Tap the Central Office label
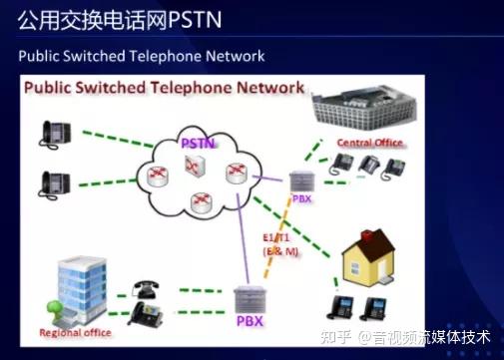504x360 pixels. pyautogui.click(x=369, y=143)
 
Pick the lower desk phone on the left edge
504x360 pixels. pyautogui.click(x=54, y=182)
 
